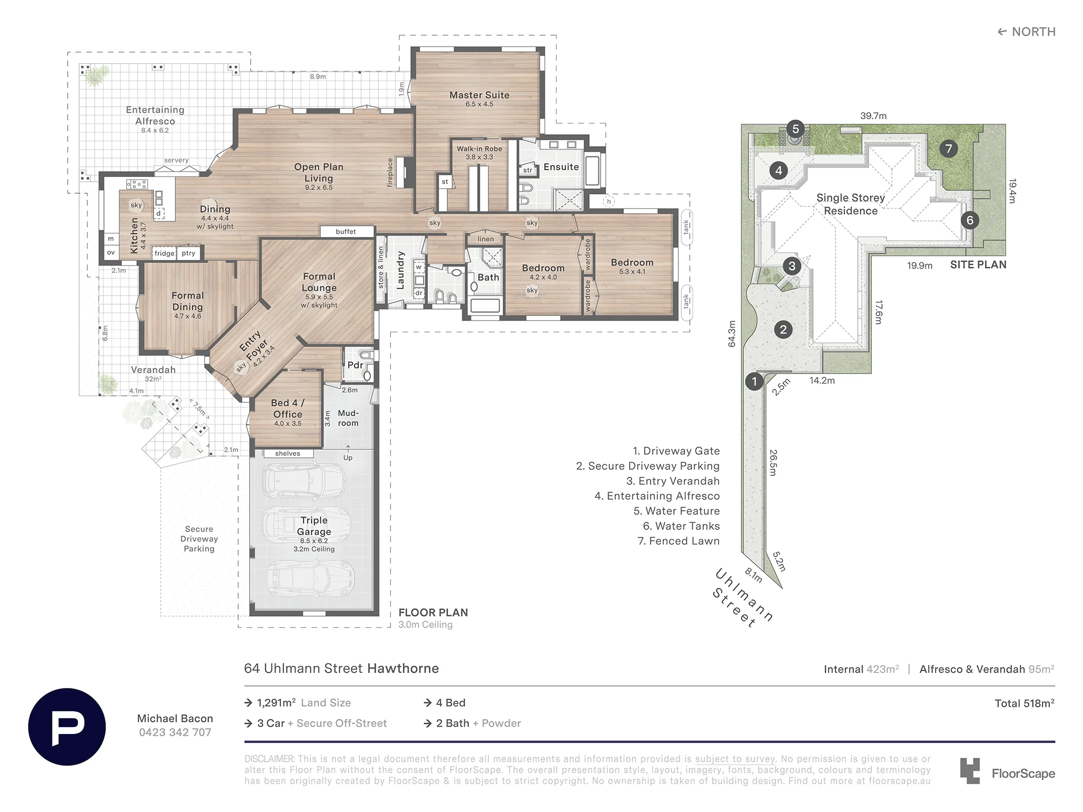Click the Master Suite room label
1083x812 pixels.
tap(479, 95)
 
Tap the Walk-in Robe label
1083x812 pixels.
tap(479, 149)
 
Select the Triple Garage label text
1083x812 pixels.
tap(314, 526)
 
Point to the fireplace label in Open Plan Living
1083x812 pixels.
tap(390, 173)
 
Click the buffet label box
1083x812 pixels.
tap(347, 232)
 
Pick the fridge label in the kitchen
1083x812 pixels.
tap(165, 253)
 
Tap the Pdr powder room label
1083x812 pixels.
tap(355, 365)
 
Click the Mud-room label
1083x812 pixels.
tap(348, 418)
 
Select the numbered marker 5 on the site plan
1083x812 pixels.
tap(795, 129)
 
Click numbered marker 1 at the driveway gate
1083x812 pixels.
tap(754, 382)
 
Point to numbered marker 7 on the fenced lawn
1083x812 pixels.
tap(948, 149)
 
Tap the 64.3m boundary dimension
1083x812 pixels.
tap(732, 334)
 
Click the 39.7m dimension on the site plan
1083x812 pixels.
tap(873, 116)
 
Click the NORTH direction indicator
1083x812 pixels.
tap(1027, 32)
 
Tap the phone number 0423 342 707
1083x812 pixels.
tap(175, 732)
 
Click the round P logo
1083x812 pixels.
tap(67, 726)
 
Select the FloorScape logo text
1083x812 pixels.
tap(1023, 774)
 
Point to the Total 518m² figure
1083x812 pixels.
tap(1025, 703)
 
